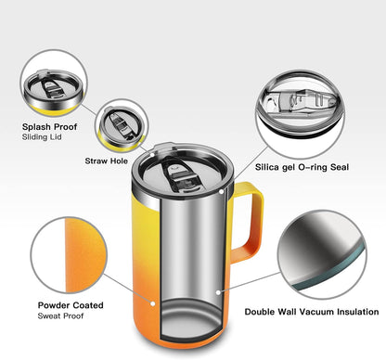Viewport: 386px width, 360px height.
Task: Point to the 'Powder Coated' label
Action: [71, 304]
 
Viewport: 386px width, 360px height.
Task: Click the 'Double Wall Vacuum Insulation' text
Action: [312, 313]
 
